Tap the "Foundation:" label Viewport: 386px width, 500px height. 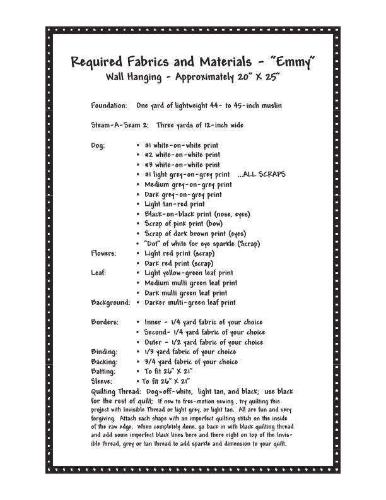(x=109, y=105)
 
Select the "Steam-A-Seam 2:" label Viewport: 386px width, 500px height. (x=120, y=125)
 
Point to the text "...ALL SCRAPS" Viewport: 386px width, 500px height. (x=262, y=174)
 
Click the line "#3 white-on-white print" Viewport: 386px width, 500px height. (x=182, y=165)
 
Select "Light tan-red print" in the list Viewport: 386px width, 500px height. (x=175, y=204)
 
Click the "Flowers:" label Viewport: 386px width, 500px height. (x=103, y=253)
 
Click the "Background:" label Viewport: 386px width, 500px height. (x=110, y=302)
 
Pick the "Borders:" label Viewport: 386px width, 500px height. (x=105, y=322)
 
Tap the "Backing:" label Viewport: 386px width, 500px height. (x=104, y=362)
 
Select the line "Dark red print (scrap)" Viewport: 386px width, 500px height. (x=179, y=263)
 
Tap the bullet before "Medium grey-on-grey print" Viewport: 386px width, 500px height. (x=138, y=185)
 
